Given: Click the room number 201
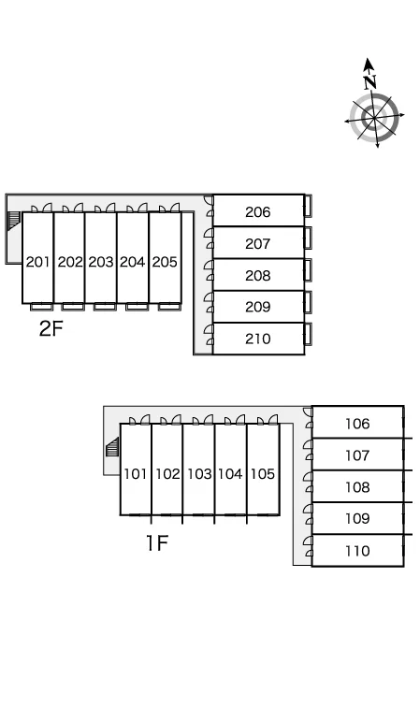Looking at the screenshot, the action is [37, 262].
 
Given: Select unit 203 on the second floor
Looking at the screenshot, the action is [101, 262].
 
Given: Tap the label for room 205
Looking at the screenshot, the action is [165, 262].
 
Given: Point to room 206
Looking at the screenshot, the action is [258, 211].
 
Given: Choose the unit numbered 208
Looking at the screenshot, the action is [258, 275].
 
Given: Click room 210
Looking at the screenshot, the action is [258, 339].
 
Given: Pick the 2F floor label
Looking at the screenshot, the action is [51, 328].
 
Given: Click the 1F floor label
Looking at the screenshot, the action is [157, 542].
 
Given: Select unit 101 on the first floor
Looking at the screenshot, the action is [136, 474].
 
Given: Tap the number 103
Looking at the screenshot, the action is [199, 474].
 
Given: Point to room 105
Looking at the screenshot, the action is [263, 474].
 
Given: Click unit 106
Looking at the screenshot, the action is [357, 424].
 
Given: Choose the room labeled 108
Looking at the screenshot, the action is [357, 487].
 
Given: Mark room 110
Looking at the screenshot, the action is [357, 551].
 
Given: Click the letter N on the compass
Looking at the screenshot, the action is [370, 82].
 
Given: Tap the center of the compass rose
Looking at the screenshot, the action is [374, 117].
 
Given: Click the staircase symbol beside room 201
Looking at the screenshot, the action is [13, 220].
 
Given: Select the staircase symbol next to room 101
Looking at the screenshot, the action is [112, 447].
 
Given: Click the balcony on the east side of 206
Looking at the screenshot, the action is [308, 206].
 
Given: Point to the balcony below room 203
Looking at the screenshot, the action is [105, 306].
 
